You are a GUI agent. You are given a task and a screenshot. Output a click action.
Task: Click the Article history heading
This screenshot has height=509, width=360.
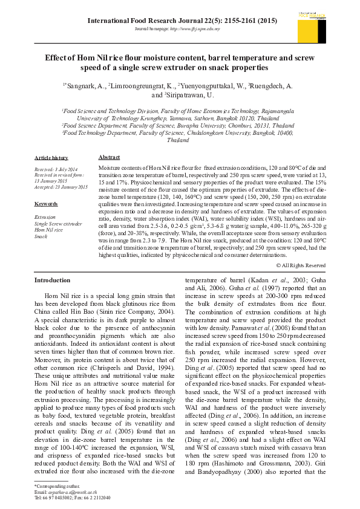tap(51, 157)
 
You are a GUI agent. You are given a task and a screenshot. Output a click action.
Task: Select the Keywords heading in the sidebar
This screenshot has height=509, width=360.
tap(46, 204)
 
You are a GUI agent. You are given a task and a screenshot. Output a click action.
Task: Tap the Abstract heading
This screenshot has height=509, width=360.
tap(109, 157)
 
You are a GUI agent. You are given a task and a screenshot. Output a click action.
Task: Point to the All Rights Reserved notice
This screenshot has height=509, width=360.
tap(301, 265)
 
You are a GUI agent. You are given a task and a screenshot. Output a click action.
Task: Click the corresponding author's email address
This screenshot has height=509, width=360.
tap(68, 492)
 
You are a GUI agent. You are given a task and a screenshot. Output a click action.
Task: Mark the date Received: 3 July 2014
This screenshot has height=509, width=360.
tap(56, 169)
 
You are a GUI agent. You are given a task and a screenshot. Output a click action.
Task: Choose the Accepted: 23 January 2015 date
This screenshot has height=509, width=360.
tap(61, 187)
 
